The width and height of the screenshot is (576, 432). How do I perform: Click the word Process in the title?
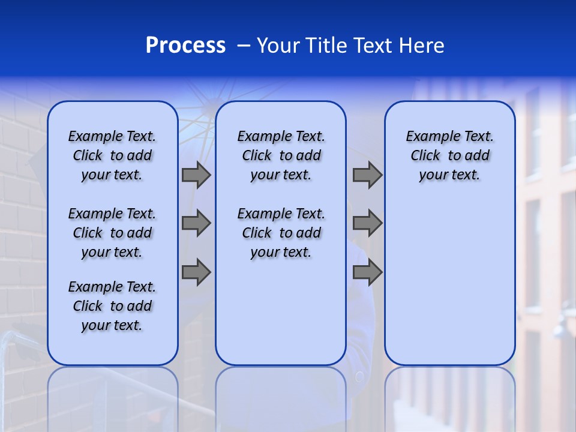click(x=185, y=46)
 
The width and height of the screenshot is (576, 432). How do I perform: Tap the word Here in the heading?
click(x=423, y=46)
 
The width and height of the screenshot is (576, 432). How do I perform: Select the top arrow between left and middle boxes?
click(x=196, y=175)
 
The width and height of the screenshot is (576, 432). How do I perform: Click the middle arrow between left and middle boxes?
click(x=196, y=223)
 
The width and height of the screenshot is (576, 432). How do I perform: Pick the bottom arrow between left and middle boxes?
click(x=196, y=272)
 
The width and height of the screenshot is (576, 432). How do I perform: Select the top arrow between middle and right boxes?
click(x=367, y=175)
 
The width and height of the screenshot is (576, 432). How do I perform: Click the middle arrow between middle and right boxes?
click(x=367, y=223)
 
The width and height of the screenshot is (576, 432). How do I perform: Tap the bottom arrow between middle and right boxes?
click(x=367, y=272)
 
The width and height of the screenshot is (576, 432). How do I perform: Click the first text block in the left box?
click(x=112, y=155)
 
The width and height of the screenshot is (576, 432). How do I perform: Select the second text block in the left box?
click(x=112, y=233)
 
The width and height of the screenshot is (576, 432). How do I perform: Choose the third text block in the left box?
click(x=112, y=306)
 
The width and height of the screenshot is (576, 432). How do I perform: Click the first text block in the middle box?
click(x=281, y=155)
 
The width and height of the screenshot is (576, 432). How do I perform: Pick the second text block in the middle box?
click(x=281, y=233)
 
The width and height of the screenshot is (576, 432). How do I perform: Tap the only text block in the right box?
click(x=449, y=155)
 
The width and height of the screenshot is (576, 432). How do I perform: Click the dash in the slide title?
click(x=244, y=46)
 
